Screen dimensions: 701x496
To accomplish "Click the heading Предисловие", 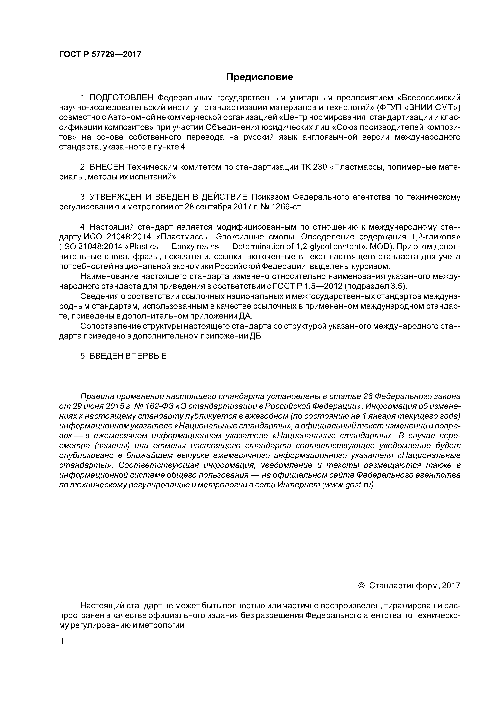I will [259, 77].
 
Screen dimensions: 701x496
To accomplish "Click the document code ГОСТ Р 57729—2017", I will [100, 54].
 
